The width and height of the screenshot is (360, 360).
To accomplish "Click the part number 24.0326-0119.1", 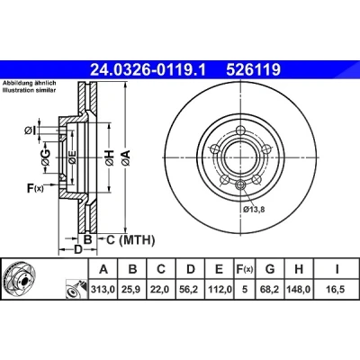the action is (x=148, y=70).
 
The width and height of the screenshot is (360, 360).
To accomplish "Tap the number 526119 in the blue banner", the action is (x=254, y=70).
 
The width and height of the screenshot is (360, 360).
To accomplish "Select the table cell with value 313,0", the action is (x=103, y=290).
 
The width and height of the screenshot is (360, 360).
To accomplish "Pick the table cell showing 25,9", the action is (x=132, y=290).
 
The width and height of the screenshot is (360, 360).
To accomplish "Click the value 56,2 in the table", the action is (x=191, y=290).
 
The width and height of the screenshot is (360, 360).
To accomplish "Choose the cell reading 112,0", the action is (x=220, y=290).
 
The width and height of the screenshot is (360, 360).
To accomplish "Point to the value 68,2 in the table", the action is (x=270, y=290).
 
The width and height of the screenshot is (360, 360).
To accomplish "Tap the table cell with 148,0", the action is (x=299, y=290).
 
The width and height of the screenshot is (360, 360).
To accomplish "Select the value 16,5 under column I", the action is (x=337, y=290).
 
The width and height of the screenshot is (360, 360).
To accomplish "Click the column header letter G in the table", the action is (x=270, y=269).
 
